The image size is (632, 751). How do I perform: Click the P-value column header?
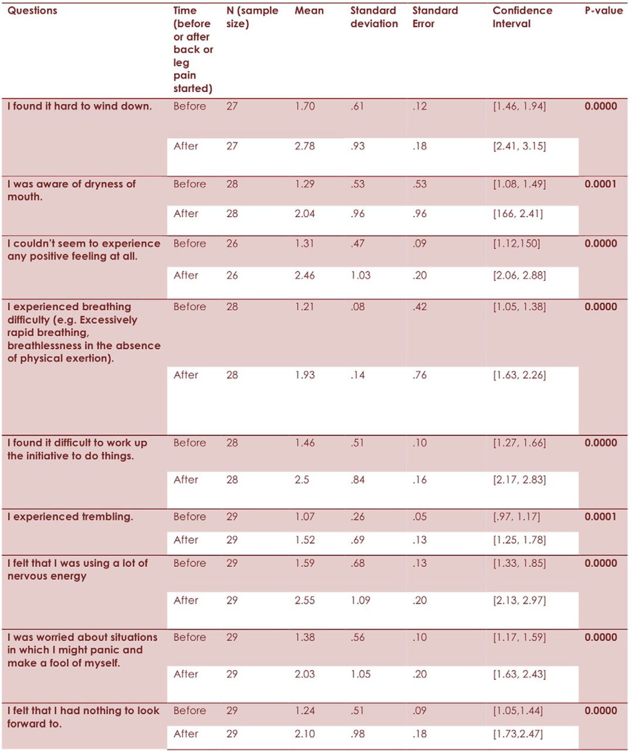click(604, 11)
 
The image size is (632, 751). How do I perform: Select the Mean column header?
click(309, 11)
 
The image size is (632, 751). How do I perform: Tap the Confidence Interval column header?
click(522, 17)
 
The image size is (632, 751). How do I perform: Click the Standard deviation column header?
click(374, 17)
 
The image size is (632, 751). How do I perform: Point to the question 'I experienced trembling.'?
click(70, 517)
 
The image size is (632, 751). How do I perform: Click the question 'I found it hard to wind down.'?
click(80, 106)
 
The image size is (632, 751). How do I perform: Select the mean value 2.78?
click(304, 146)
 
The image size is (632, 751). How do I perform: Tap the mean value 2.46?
click(304, 276)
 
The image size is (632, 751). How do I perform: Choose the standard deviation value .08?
click(358, 307)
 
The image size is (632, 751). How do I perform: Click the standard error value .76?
click(420, 375)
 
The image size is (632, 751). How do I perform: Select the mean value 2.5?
click(301, 480)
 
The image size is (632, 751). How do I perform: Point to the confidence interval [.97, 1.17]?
click(517, 517)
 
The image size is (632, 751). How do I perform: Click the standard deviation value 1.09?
click(360, 600)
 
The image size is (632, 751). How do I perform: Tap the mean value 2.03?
click(304, 674)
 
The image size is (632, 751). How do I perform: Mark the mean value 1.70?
click(304, 106)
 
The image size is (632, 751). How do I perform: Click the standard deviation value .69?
click(358, 540)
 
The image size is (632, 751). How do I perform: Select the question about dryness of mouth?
click(71, 190)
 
